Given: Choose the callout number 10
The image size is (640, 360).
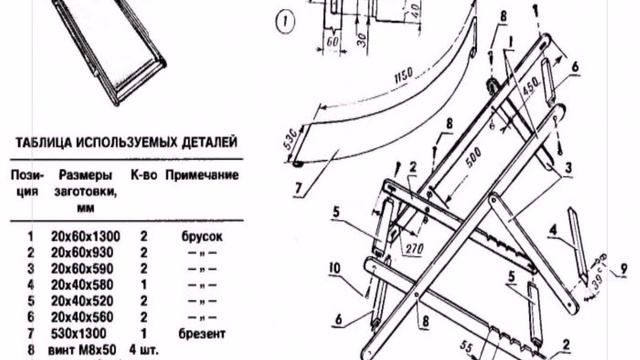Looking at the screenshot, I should click(x=333, y=268).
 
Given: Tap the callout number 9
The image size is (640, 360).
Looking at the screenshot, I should click(x=626, y=270).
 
